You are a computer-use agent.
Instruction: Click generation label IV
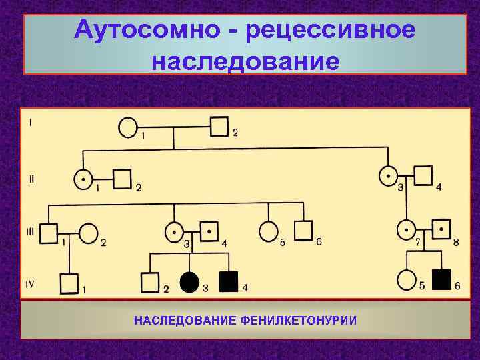[x=30, y=284]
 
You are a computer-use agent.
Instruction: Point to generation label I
[x=30, y=122]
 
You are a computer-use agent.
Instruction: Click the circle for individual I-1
[x=129, y=127]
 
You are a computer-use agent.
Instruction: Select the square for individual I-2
[x=219, y=126]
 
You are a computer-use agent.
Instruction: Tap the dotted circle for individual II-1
[x=82, y=179]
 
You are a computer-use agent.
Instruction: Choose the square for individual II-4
[x=423, y=176]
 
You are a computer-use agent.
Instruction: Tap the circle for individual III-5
[x=268, y=231]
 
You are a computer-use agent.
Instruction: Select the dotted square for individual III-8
[x=441, y=230]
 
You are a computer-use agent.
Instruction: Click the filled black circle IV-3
[x=189, y=283]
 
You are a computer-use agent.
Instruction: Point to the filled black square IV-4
[x=229, y=282]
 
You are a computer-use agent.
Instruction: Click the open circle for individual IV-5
[x=406, y=279]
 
